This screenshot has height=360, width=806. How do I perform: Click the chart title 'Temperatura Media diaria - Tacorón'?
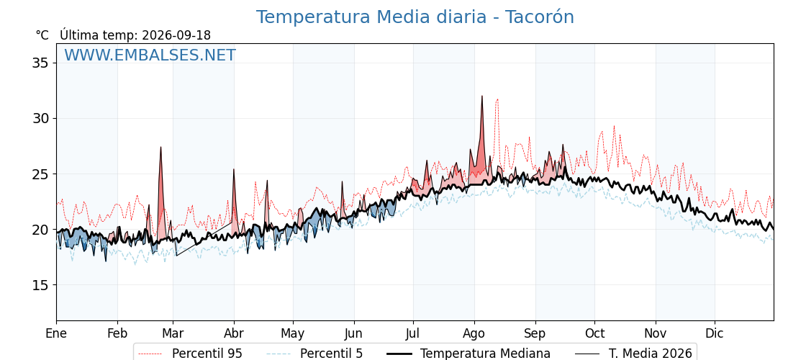pyautogui.click(x=415, y=17)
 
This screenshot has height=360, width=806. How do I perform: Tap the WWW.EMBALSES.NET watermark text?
pyautogui.click(x=150, y=55)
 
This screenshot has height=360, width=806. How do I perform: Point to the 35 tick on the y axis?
pyautogui.click(x=42, y=63)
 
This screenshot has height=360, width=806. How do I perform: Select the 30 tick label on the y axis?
pyautogui.click(x=42, y=119)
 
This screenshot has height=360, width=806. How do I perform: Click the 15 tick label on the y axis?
pyautogui.click(x=42, y=285)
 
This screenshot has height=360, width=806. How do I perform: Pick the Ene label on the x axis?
pyautogui.click(x=56, y=333)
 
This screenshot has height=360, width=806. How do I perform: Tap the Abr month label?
pyautogui.click(x=234, y=333)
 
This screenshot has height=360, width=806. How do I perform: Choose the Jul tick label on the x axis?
pyautogui.click(x=413, y=333)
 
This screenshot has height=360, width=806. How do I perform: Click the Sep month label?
pyautogui.click(x=535, y=333)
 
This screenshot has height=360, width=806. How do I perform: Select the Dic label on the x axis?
pyautogui.click(x=715, y=333)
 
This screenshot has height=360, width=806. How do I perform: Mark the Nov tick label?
pyautogui.click(x=656, y=333)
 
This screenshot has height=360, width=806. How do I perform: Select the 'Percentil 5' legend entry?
pyautogui.click(x=314, y=354)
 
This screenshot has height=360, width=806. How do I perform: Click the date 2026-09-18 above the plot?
pyautogui.click(x=176, y=35)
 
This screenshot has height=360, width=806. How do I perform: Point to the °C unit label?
pyautogui.click(x=42, y=35)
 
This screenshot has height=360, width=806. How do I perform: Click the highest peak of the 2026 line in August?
pyautogui.click(x=481, y=96)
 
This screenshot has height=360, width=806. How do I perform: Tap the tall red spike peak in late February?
pyautogui.click(x=160, y=147)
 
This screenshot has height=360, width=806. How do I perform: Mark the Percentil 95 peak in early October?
pyautogui.click(x=614, y=126)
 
